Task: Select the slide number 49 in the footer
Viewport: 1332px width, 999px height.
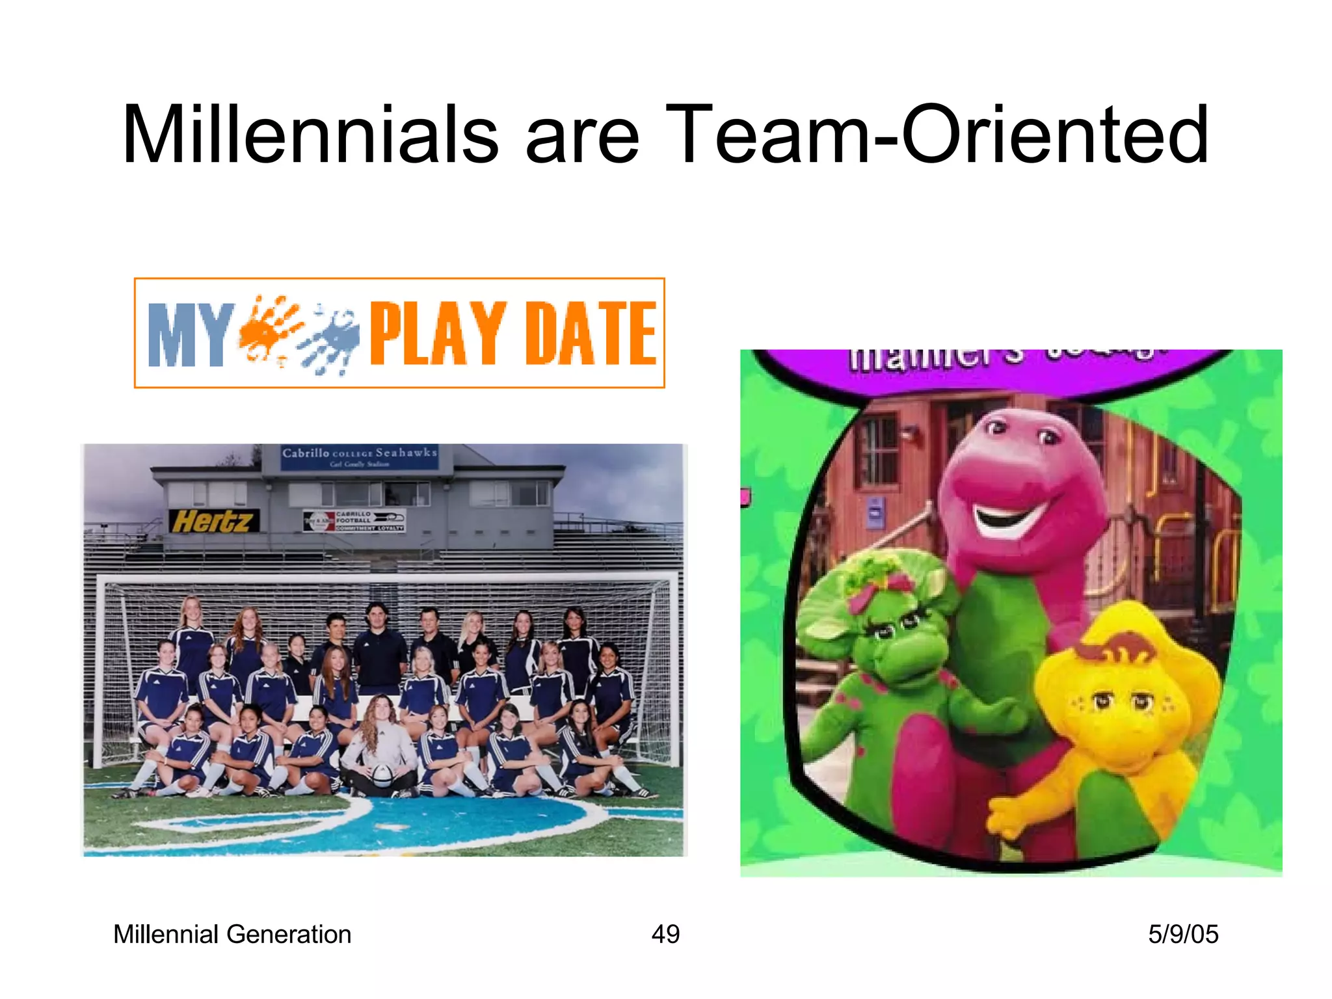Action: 665,934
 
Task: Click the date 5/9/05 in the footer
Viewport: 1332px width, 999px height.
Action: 1182,934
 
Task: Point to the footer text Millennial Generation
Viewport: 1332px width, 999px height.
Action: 232,934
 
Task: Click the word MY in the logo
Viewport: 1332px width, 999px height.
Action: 190,334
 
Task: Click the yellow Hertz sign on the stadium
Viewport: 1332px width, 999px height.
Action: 213,521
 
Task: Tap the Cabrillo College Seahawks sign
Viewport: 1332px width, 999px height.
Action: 360,456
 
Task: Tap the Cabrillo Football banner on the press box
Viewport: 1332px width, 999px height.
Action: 354,520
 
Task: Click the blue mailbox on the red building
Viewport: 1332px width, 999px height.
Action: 875,513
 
